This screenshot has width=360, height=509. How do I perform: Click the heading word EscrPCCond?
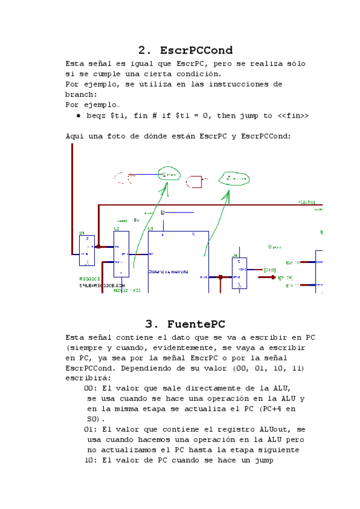196,50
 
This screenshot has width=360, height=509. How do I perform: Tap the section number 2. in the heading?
145,50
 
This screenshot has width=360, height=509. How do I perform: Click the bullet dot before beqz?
79,116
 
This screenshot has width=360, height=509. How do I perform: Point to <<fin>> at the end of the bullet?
293,115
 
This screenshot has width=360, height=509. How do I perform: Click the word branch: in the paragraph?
81,94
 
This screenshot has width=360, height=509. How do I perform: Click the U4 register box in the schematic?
239,274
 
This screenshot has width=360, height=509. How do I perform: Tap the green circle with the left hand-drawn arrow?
169,174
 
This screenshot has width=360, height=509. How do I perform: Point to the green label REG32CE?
90,279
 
